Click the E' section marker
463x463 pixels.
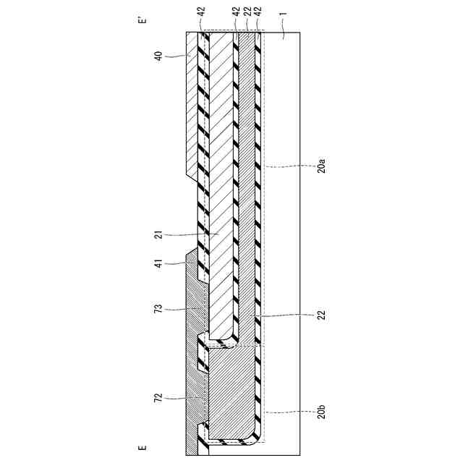pyautogui.click(x=142, y=22)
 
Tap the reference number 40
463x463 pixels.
pyautogui.click(x=158, y=55)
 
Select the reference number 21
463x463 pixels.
pyautogui.click(x=158, y=234)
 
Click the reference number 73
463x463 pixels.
pyautogui.click(x=158, y=309)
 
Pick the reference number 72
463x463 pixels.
pyautogui.click(x=158, y=398)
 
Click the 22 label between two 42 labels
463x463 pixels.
pyautogui.click(x=247, y=14)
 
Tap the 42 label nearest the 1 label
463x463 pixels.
pyautogui.click(x=258, y=14)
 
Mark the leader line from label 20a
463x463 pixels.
pyautogui.click(x=289, y=166)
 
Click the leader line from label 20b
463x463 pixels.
pyautogui.click(x=289, y=412)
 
